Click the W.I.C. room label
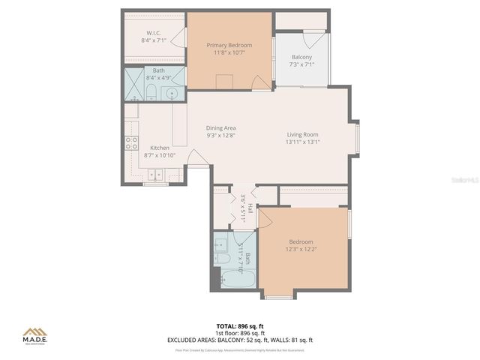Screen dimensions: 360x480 (x=153, y=32)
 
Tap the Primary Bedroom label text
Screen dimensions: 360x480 (x=229, y=45)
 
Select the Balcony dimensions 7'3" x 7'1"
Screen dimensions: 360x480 (x=301, y=65)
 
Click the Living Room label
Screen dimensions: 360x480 (x=302, y=134)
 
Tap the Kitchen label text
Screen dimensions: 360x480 (x=160, y=148)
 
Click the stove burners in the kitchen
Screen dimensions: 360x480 (x=131, y=142)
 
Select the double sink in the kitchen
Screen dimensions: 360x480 (x=155, y=175)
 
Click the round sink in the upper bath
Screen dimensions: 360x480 (x=172, y=94)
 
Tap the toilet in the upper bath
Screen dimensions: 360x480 (x=151, y=93)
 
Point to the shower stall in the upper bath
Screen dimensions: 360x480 (x=133, y=84)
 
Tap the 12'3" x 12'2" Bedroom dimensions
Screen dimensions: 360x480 (x=301, y=250)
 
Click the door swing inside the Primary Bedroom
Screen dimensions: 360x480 (x=261, y=82)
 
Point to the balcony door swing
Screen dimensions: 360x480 (x=315, y=39)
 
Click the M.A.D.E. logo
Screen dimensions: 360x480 (x=34, y=334)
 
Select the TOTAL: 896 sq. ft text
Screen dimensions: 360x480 (x=240, y=326)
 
